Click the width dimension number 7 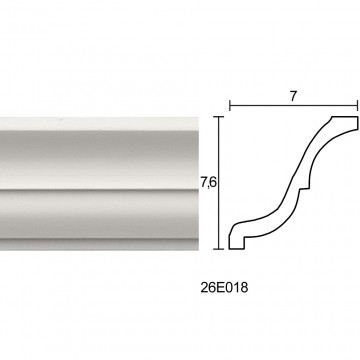point(293,96)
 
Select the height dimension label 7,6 point(209,183)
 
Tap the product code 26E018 point(224,288)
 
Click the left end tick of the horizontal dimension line point(230,106)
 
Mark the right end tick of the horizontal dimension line point(357,106)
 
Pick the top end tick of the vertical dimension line point(218,117)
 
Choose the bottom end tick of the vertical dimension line point(218,249)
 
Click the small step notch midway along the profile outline point(304,188)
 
